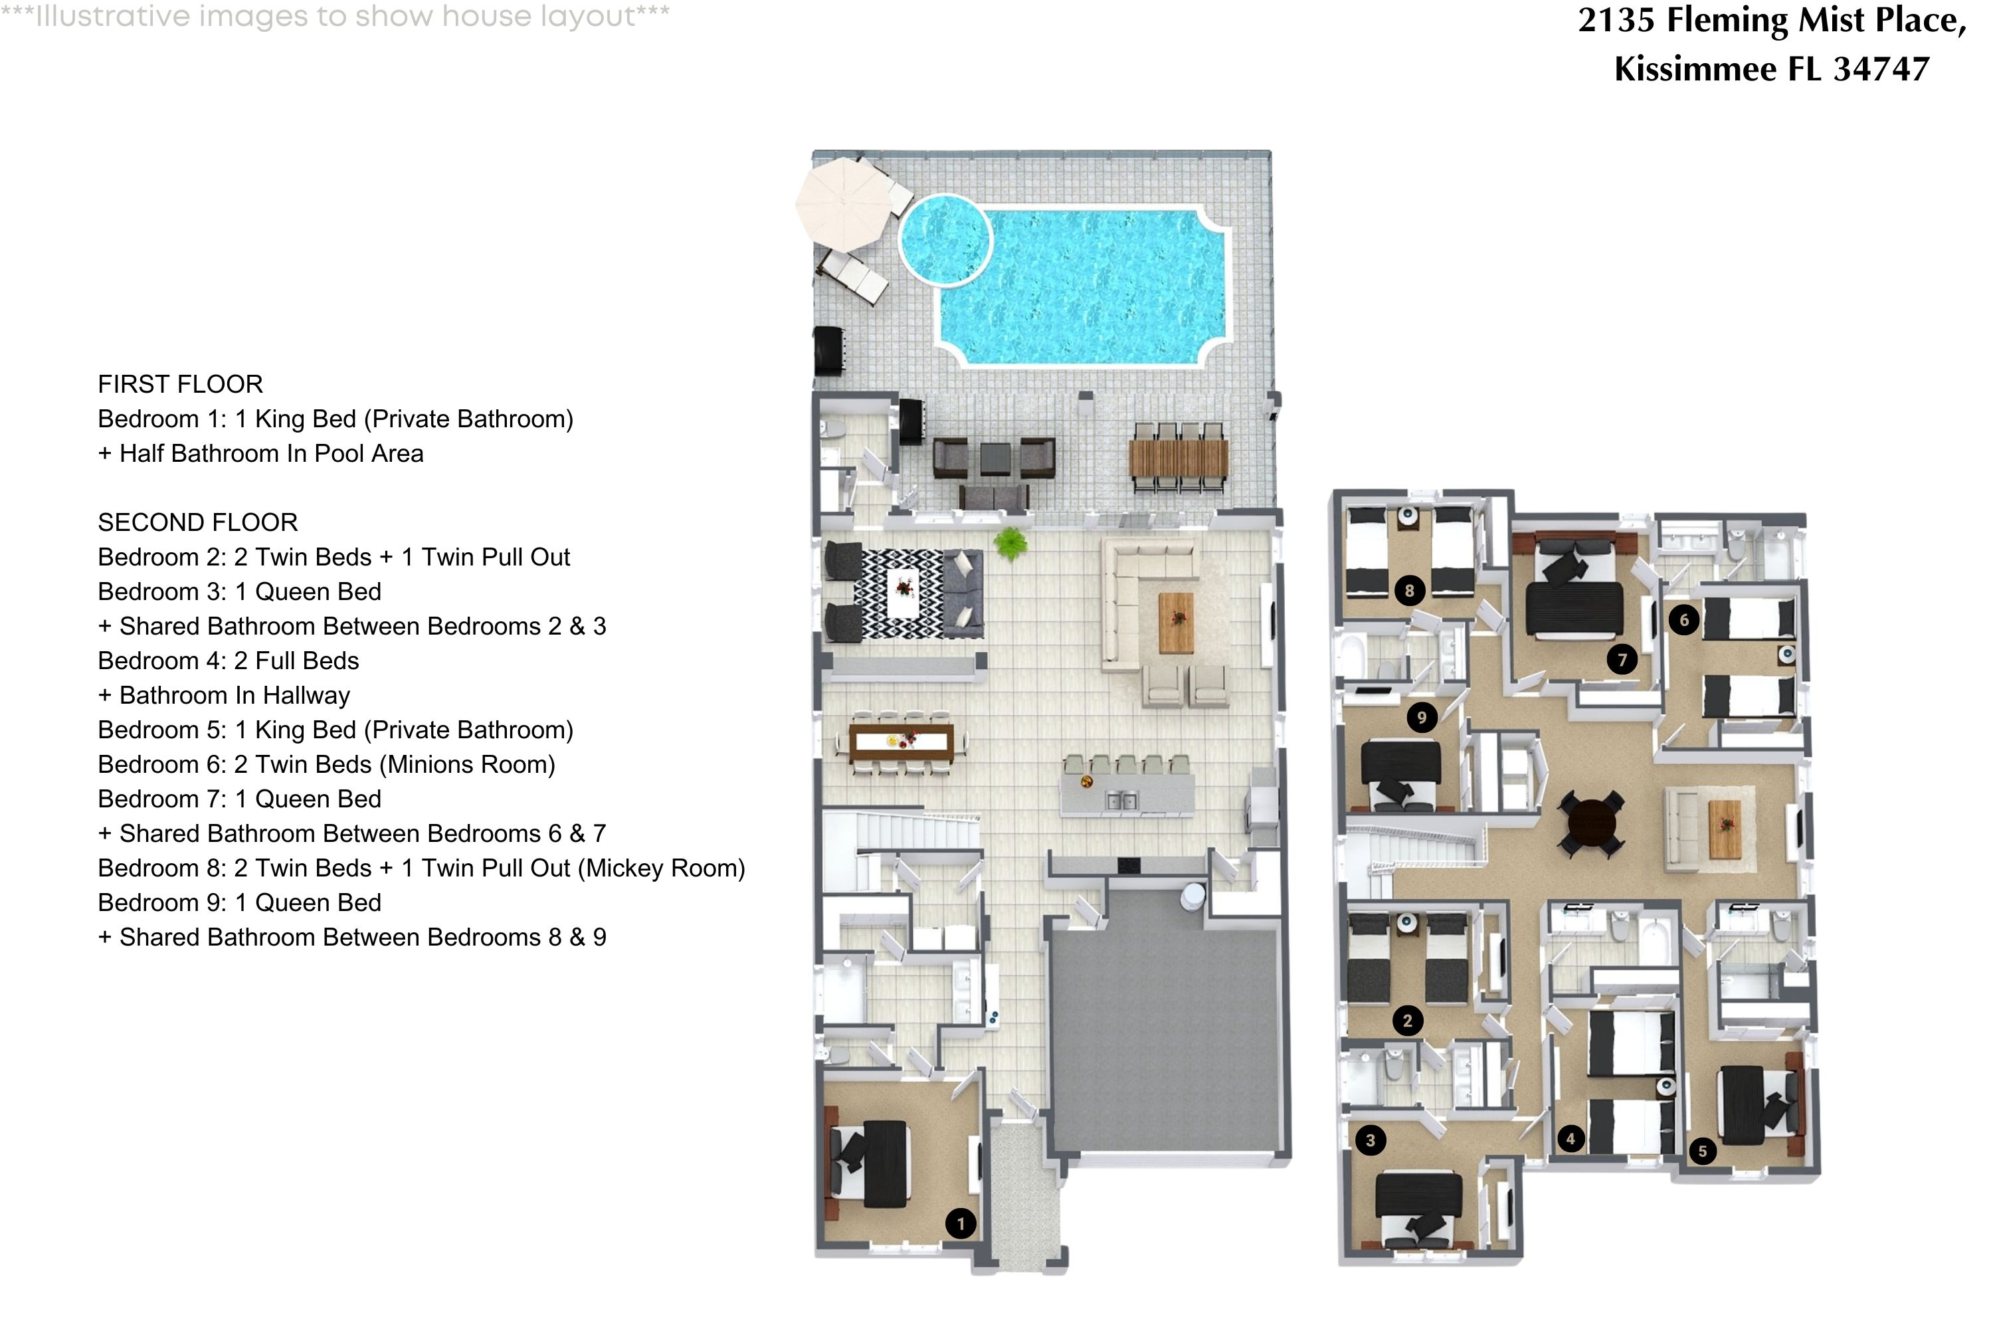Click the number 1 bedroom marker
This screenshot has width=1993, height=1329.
click(960, 1223)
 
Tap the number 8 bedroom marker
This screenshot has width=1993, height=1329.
click(1409, 591)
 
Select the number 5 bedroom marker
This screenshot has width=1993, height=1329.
click(1702, 1151)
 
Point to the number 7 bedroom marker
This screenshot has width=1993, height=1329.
click(1622, 659)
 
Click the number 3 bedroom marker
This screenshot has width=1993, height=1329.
click(1370, 1140)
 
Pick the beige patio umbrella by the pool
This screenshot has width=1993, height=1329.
click(844, 203)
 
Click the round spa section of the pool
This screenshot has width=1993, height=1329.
click(944, 239)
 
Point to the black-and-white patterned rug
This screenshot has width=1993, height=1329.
click(902, 593)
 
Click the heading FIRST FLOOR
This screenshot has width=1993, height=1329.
click(181, 384)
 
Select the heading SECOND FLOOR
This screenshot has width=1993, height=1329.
click(197, 522)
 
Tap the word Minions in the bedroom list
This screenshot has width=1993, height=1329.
click(424, 765)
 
